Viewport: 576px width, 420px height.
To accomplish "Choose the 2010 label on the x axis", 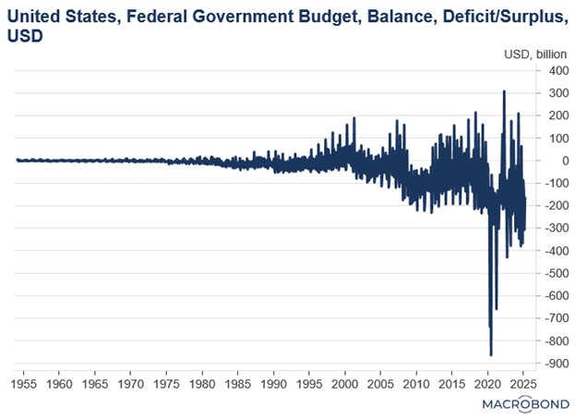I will (416, 382).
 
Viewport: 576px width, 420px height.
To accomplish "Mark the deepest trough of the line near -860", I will (490, 354).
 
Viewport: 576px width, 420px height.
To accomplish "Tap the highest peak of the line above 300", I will (504, 91).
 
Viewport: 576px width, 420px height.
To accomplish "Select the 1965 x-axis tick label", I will (95, 382).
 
